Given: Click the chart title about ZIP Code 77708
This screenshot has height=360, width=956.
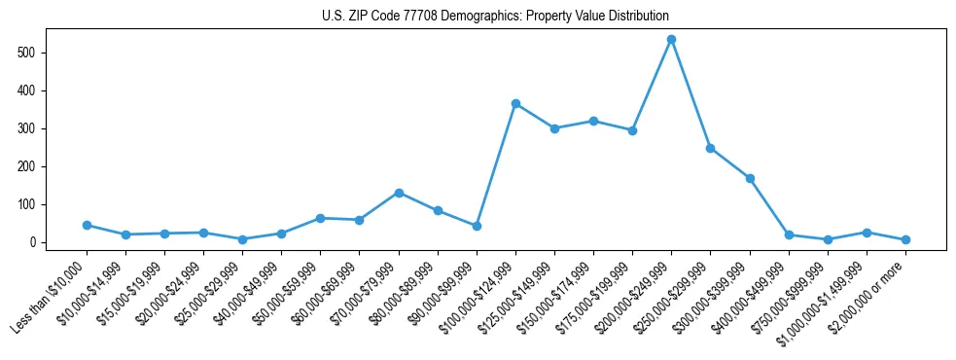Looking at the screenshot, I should tap(495, 17).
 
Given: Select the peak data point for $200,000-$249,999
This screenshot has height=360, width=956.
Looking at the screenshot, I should tap(671, 39).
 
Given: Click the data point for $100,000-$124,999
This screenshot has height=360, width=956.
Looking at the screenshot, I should tap(515, 103).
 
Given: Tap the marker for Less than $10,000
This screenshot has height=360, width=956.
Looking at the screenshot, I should tap(87, 225).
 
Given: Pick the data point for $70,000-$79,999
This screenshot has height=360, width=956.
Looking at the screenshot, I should tap(399, 193).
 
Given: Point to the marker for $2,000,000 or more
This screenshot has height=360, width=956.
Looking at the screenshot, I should tap(905, 239).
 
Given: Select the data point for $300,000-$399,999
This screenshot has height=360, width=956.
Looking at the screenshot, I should tap(750, 178).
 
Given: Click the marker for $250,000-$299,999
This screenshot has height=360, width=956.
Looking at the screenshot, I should tap(711, 148).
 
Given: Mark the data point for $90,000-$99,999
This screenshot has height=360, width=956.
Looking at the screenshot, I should tap(477, 226).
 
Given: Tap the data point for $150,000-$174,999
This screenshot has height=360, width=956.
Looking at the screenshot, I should tap(593, 121).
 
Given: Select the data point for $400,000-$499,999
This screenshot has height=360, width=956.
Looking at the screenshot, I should tap(789, 234).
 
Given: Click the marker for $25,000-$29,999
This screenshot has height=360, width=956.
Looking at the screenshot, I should tap(242, 239).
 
